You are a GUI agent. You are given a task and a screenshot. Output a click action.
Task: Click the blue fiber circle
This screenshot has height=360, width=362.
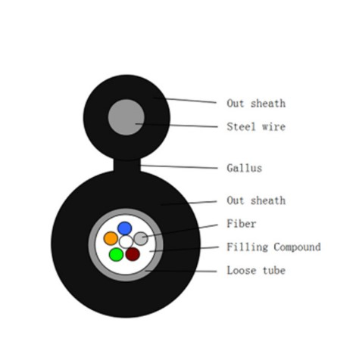125,228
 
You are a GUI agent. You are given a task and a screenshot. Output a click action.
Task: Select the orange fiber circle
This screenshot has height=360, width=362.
111,238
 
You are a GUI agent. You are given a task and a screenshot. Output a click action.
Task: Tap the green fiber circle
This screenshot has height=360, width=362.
116,254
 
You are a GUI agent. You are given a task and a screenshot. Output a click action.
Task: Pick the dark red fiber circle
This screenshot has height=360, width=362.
133,254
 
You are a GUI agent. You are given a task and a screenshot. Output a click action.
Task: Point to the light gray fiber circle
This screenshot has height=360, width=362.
141,238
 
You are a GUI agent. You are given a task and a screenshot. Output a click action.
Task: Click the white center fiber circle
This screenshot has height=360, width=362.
126,242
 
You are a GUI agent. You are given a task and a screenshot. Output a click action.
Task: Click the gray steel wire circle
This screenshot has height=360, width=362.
126,117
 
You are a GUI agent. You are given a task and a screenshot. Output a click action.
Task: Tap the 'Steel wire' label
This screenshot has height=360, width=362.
256,126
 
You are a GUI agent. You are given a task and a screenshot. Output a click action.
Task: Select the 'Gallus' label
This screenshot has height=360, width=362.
245,168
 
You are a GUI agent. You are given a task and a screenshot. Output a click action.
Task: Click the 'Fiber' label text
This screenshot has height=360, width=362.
242,224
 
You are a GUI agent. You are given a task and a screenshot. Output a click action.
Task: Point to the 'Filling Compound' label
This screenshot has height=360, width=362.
273,247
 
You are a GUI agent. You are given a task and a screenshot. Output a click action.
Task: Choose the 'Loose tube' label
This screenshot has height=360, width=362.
256,270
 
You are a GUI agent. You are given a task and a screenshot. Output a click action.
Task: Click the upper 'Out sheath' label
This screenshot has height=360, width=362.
256,104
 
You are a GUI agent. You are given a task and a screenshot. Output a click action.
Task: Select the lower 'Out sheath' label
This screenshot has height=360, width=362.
256,200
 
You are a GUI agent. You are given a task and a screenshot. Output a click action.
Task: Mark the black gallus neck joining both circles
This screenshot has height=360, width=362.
126,166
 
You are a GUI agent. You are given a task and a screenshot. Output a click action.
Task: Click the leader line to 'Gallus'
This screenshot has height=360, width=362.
179,166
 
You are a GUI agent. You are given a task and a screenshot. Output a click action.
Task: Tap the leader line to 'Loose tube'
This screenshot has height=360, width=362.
181,272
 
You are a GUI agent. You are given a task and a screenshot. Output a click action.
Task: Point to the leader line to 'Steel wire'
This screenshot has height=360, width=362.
176,126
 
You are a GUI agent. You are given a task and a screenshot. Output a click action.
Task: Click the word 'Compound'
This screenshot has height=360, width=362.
297,247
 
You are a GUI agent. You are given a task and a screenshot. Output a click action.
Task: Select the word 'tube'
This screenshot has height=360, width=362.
274,270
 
